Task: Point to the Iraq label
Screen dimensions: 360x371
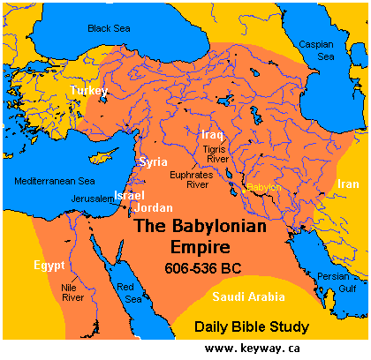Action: [212, 135]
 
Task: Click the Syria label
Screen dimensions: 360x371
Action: [153, 162]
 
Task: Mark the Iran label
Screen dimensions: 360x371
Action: [347, 184]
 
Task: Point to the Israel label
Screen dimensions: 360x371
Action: [129, 194]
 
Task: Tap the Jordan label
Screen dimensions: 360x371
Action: [155, 208]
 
